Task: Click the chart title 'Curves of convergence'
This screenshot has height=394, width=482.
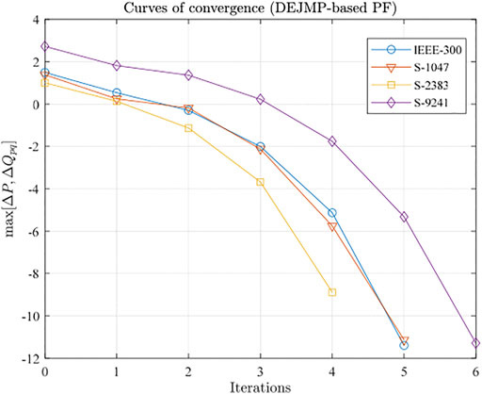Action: [260, 8]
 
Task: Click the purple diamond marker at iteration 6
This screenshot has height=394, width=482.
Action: [475, 343]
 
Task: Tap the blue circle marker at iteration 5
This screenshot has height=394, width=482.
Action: [404, 345]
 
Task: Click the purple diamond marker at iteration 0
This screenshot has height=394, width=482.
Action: [45, 46]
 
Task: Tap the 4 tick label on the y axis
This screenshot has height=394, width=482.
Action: [34, 20]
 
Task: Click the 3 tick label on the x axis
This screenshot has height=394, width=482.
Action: [261, 370]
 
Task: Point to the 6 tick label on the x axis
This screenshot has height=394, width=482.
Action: [475, 370]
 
